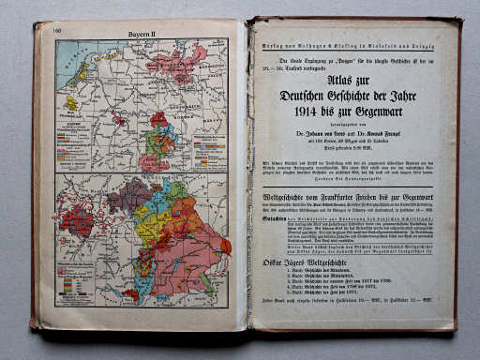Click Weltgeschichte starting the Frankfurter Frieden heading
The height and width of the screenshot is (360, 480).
pos(286,199)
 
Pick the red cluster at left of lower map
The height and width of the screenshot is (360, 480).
pos(77,221)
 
